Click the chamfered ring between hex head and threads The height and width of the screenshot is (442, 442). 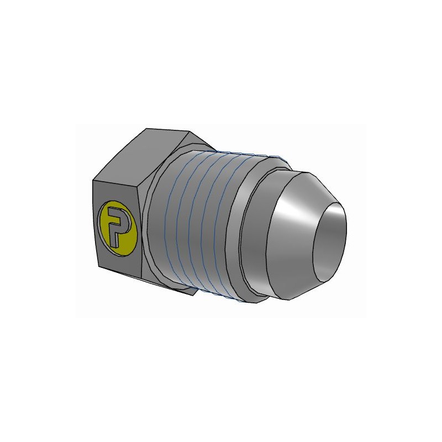[x=157, y=221]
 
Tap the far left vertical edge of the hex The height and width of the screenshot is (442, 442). [x=94, y=221]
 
